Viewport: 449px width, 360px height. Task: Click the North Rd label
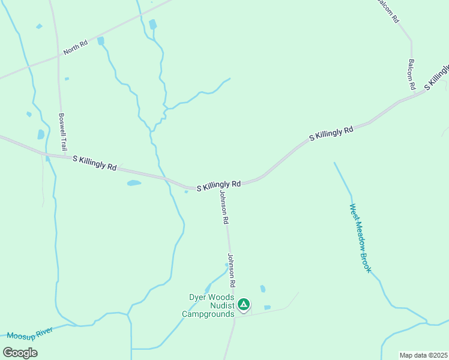pos(76,47)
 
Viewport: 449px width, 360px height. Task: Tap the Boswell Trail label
pos(62,132)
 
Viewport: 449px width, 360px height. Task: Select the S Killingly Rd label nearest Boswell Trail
pos(94,163)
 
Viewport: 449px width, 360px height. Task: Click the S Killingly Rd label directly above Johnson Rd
pos(218,186)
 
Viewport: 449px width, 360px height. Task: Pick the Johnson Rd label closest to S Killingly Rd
pos(224,208)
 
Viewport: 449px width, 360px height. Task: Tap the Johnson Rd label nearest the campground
pos(231,269)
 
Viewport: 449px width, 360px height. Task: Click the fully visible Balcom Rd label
pos(412,74)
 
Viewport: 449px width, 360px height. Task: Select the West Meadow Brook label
pos(360,238)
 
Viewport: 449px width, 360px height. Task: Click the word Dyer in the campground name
pos(199,296)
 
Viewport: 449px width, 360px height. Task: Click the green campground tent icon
pos(244,305)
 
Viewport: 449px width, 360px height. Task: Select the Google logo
pos(20,353)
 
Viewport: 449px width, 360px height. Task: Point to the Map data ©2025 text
pos(423,355)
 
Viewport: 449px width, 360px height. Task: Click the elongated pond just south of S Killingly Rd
pos(134,183)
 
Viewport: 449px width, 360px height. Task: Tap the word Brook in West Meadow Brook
pos(366,262)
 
